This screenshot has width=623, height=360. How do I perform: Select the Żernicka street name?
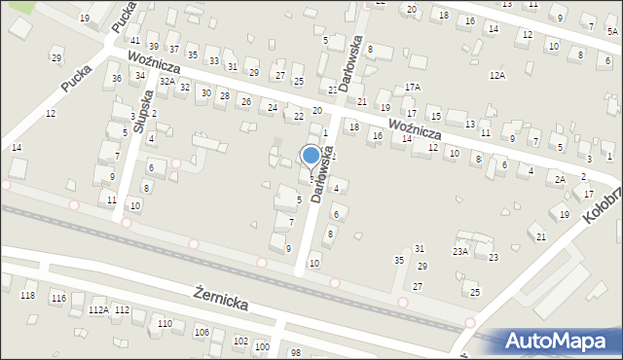coord(220,298)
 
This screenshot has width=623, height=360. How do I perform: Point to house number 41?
coord(134,40)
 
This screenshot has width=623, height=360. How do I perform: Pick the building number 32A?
coord(166,81)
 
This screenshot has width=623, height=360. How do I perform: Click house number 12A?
coord(497,75)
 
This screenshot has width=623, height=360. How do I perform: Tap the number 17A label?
coord(413,87)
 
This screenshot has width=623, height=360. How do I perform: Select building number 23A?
coord(459,251)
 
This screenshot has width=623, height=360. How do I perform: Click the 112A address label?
coord(98,309)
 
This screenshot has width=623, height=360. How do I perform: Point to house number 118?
coord(27,295)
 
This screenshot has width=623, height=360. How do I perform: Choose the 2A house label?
coord(560,180)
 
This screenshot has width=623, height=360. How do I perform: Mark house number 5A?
coord(612,31)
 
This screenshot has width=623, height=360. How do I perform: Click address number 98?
coord(295,351)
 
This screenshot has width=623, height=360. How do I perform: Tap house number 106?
coord(202,333)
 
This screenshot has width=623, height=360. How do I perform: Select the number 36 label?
coord(117,78)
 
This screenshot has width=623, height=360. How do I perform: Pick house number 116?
coord(58,297)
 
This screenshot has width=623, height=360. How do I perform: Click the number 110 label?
coord(165,323)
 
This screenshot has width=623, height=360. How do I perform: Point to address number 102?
coord(241,341)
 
